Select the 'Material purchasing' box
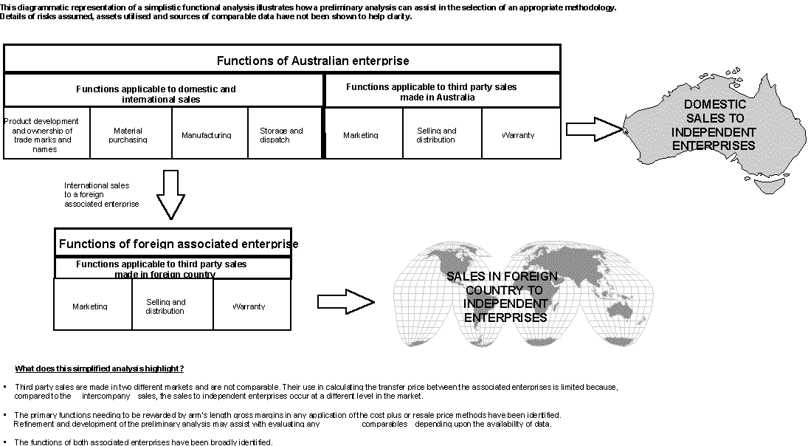[x=131, y=134]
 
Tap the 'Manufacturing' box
[x=210, y=134]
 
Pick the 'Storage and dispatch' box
[x=284, y=134]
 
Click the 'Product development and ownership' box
[x=46, y=134]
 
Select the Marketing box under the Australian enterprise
[x=363, y=134]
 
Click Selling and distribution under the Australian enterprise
[x=441, y=134]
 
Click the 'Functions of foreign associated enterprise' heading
[x=173, y=243]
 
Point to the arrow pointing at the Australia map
[x=597, y=131]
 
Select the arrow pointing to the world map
[x=345, y=301]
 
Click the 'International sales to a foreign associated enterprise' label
[x=101, y=194]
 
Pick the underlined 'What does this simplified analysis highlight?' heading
[x=100, y=368]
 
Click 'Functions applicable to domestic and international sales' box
[x=164, y=92]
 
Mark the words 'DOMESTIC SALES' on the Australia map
[x=714, y=111]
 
